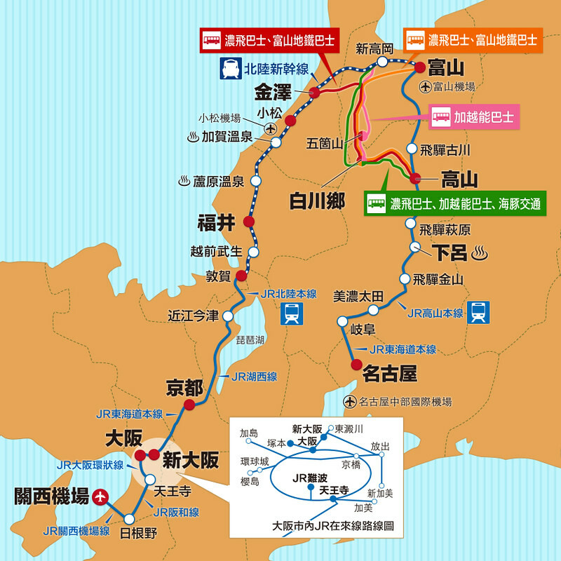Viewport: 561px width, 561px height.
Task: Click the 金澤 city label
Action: pyautogui.click(x=273, y=92)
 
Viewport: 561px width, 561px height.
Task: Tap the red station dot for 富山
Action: pyautogui.click(x=419, y=68)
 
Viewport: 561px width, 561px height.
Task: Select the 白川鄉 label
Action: pyautogui.click(x=317, y=201)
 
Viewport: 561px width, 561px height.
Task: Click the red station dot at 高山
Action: pyautogui.click(x=414, y=178)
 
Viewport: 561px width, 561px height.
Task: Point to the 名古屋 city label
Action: pyautogui.click(x=390, y=374)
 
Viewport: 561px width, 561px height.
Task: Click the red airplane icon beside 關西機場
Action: pyautogui.click(x=102, y=496)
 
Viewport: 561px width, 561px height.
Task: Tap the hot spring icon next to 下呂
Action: pyautogui.click(x=481, y=251)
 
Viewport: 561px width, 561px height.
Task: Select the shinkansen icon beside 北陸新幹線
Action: pyautogui.click(x=230, y=69)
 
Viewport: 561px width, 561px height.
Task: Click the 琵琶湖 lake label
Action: pyautogui.click(x=250, y=339)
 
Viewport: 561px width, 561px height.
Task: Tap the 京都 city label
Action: pyautogui.click(x=184, y=387)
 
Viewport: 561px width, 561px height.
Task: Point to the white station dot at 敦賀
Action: pyautogui.click(x=241, y=275)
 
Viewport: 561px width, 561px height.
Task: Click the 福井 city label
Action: pyautogui.click(x=217, y=224)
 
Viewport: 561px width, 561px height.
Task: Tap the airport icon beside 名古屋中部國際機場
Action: pyautogui.click(x=350, y=402)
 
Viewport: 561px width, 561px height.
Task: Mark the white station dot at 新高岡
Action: pyautogui.click(x=382, y=62)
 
